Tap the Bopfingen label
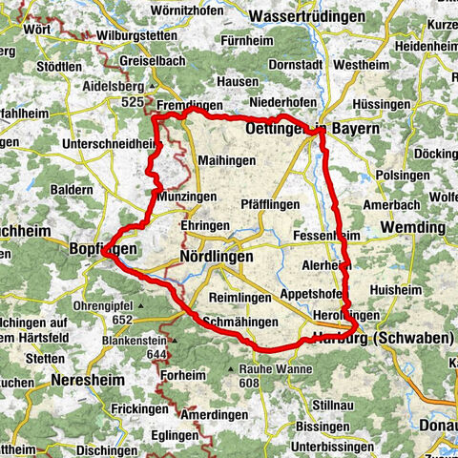(104, 249)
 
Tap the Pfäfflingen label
(270, 204)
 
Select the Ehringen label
(204, 225)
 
